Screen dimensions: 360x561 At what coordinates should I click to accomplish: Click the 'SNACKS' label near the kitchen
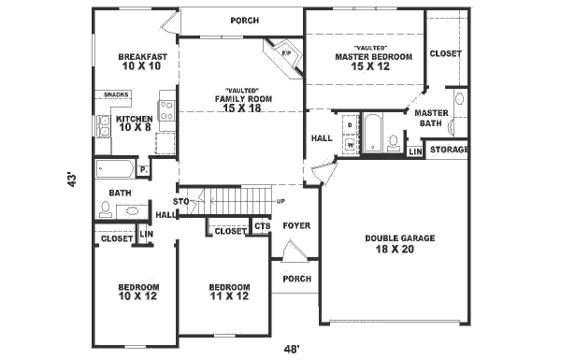[x=116, y=94]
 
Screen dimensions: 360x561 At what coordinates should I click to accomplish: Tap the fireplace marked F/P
[x=286, y=53]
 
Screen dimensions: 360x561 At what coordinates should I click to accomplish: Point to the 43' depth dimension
[x=71, y=179]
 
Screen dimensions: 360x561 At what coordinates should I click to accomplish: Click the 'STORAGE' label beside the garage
[x=449, y=150]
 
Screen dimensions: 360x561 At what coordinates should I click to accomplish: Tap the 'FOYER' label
[x=296, y=225]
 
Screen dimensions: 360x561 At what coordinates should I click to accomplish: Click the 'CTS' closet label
[x=262, y=225]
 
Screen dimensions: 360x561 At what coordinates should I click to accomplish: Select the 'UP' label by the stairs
[x=280, y=202]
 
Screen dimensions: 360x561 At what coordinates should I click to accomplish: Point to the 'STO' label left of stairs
[x=181, y=201]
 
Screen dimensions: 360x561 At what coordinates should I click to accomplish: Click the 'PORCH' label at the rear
[x=244, y=21]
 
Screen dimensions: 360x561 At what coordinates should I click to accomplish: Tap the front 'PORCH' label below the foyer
[x=296, y=278]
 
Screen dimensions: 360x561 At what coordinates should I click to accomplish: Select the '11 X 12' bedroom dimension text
[x=229, y=297]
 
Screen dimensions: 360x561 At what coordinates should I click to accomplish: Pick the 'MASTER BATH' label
[x=433, y=117]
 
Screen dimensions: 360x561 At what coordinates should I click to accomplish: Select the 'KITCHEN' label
[x=134, y=119]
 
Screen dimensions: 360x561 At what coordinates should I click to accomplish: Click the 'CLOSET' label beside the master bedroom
[x=445, y=53]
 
